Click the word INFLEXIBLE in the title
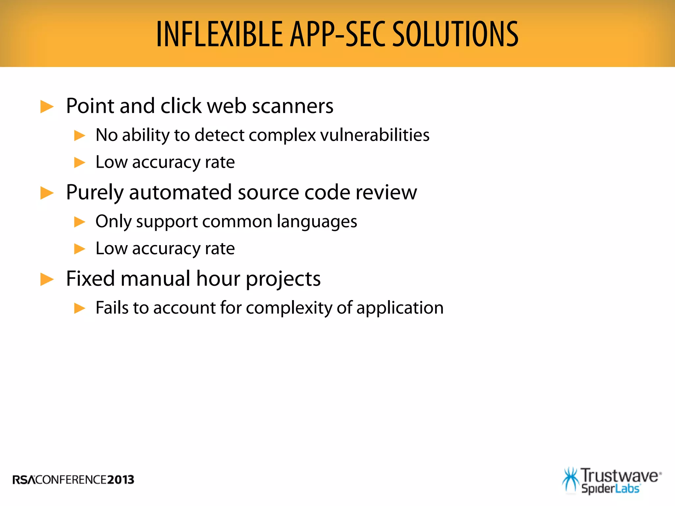click(x=220, y=34)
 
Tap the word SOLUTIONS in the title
click(x=455, y=34)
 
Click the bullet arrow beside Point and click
click(x=47, y=107)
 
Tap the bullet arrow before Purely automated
click(x=47, y=193)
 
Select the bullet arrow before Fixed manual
click(x=47, y=279)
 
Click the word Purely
click(x=95, y=193)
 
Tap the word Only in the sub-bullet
click(x=113, y=221)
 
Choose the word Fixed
click(x=90, y=279)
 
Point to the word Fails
click(x=112, y=308)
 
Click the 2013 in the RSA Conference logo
click(x=121, y=480)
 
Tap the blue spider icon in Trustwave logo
click(x=571, y=480)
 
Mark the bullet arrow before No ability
click(x=80, y=135)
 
